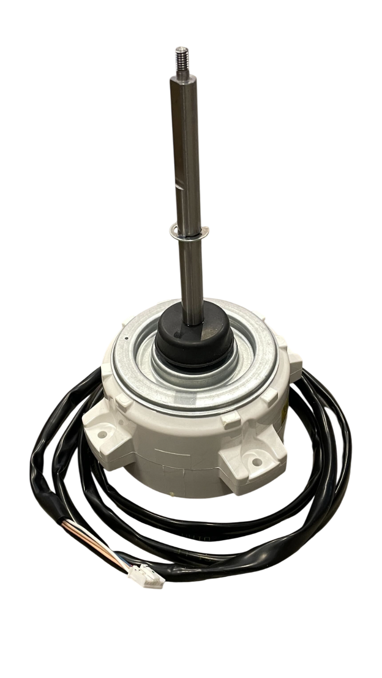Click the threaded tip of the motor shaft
pos(180,55)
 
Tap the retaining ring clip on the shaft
pos(189,230)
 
